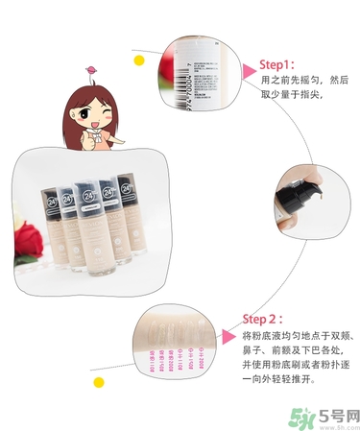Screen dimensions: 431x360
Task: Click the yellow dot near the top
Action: coord(139,60)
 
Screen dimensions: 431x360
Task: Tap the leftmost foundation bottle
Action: coord(51,222)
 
